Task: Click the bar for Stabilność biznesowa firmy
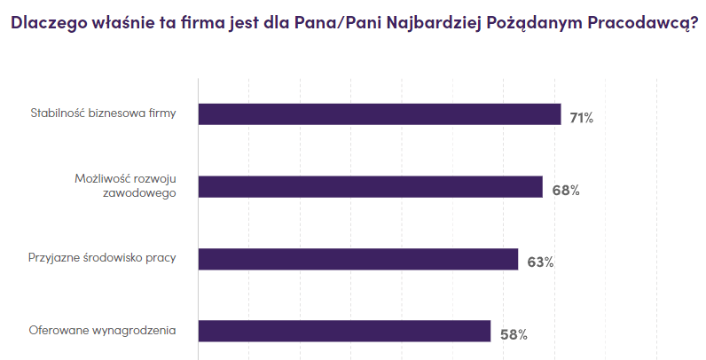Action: pos(379,114)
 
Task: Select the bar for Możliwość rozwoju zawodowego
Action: pos(370,186)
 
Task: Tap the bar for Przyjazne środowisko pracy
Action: pos(357,259)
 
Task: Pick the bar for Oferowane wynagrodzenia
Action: pos(344,331)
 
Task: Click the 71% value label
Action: pos(582,118)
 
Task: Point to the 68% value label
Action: pos(566,190)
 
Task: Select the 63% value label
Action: pos(540,262)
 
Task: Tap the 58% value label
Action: pos(514,334)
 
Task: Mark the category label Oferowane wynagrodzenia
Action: pos(103,331)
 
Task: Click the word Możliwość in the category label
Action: pos(99,179)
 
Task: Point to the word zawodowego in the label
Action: pos(146,193)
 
